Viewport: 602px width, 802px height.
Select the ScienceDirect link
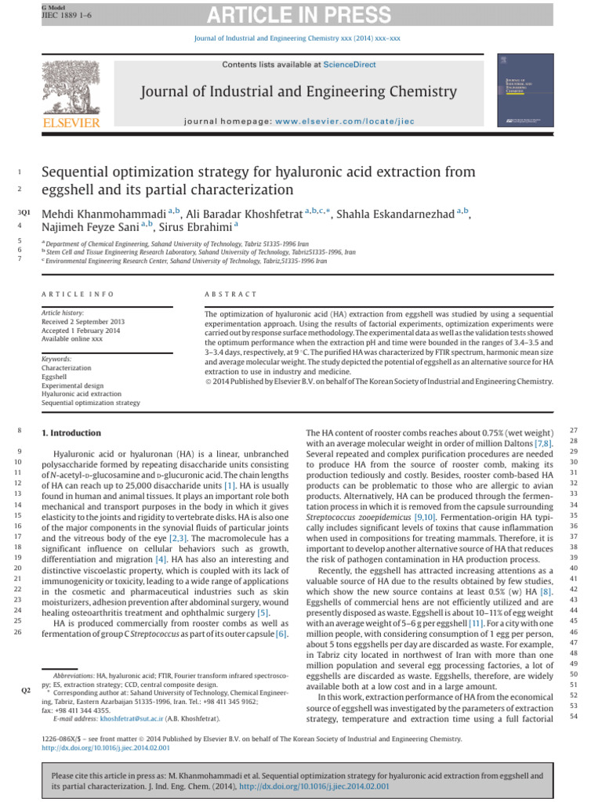pos(350,65)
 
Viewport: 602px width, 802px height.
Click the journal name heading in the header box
pos(298,92)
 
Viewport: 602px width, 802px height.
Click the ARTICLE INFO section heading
pos(78,294)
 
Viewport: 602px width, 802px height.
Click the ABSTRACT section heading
pos(230,294)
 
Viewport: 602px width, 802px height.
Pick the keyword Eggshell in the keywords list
pos(56,375)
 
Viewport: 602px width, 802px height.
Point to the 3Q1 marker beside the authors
pos(24,214)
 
